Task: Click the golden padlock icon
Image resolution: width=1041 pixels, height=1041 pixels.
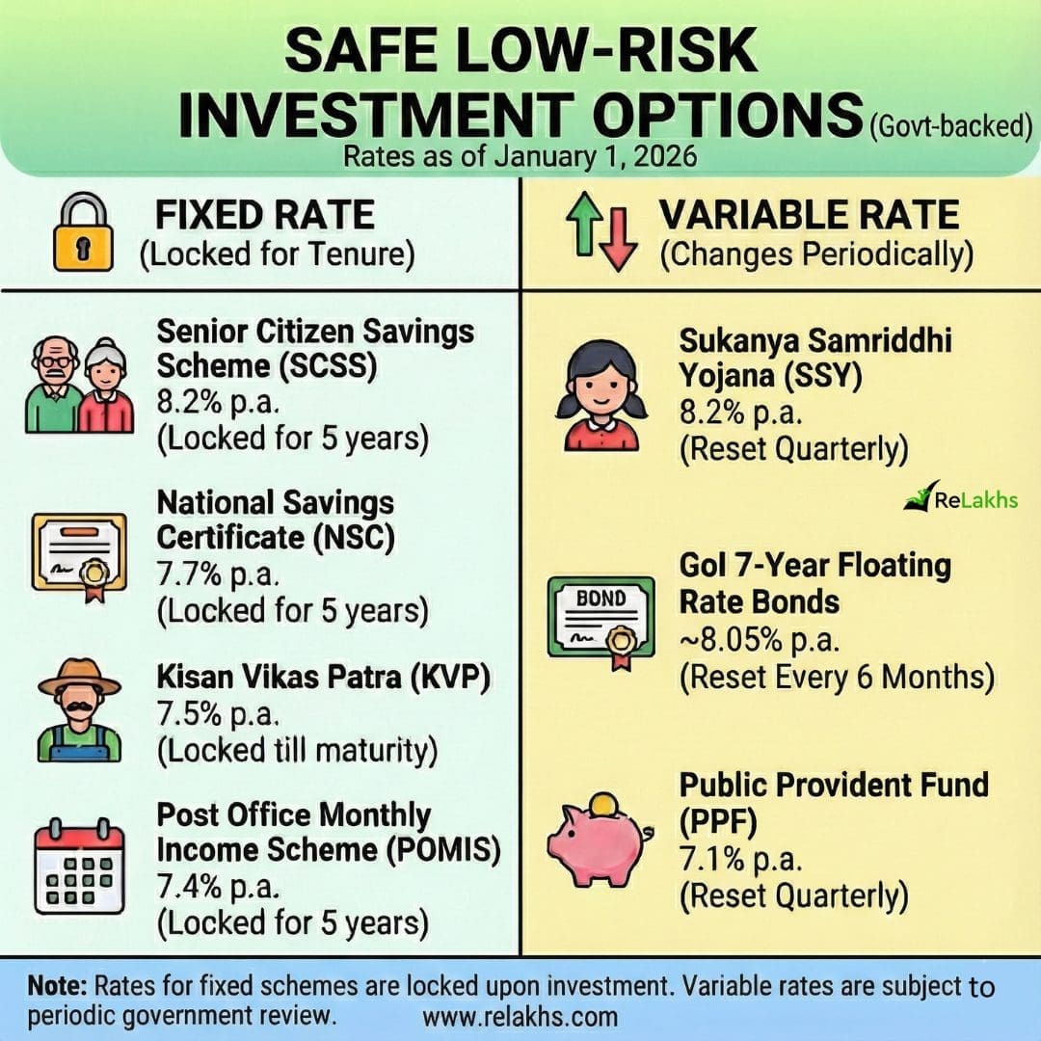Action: (x=83, y=231)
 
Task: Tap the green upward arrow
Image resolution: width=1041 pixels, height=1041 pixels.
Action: (x=585, y=224)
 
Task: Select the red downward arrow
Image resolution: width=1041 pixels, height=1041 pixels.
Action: (x=618, y=239)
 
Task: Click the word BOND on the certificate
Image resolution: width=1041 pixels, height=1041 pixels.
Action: (x=601, y=599)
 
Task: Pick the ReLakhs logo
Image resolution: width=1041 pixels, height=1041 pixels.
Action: (x=961, y=496)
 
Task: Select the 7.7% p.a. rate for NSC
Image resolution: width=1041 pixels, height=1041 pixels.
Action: (x=218, y=574)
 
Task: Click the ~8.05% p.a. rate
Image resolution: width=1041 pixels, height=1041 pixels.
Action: (x=760, y=640)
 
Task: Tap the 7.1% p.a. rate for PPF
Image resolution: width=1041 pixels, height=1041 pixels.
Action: (x=741, y=860)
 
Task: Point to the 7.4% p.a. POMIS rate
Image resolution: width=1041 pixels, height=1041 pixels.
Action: (x=218, y=887)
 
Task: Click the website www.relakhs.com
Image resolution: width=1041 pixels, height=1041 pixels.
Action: (x=520, y=1017)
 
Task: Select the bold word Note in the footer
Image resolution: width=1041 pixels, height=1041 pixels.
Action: (x=57, y=986)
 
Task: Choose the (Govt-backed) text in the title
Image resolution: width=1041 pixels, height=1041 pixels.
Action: (x=951, y=124)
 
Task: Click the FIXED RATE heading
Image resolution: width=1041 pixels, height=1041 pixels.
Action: (x=265, y=214)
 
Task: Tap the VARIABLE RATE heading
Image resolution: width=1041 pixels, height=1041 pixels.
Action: (x=809, y=214)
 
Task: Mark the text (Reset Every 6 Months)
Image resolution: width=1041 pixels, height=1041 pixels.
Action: (x=838, y=678)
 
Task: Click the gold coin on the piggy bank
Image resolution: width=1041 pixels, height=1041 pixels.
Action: (x=602, y=805)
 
